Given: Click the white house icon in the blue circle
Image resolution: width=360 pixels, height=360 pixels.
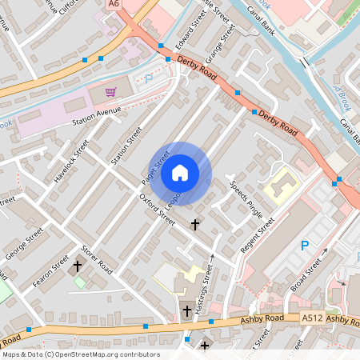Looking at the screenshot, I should pyautogui.click(x=180, y=172).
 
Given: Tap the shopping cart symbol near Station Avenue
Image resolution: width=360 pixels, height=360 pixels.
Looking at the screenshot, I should pyautogui.click(x=110, y=92).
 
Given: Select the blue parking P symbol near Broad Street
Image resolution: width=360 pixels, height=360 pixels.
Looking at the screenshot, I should pyautogui.click(x=304, y=246).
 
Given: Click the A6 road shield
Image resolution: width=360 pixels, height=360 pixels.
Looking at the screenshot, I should pyautogui.click(x=114, y=5).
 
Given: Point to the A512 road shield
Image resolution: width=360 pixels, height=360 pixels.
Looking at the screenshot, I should pyautogui.click(x=312, y=318).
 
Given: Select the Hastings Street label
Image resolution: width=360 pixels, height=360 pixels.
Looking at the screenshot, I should pyautogui.click(x=210, y=279).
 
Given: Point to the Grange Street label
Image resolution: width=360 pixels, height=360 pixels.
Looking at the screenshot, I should pyautogui.click(x=222, y=43).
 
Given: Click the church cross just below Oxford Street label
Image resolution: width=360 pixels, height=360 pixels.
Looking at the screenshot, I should pyautogui.click(x=194, y=226).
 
